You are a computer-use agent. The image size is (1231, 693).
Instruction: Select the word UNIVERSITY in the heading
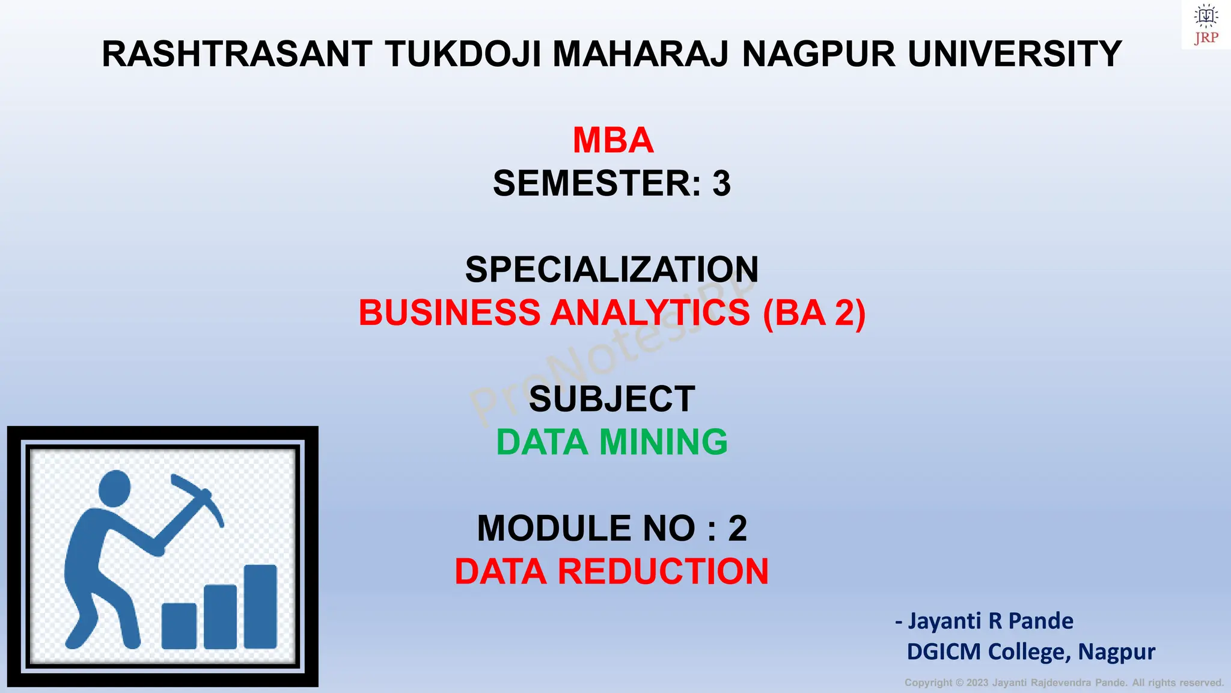(x=1015, y=54)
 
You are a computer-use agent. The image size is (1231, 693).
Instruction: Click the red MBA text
(x=612, y=141)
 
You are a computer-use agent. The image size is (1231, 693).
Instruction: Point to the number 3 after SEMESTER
(x=721, y=183)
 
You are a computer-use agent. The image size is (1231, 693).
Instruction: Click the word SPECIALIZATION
(x=612, y=269)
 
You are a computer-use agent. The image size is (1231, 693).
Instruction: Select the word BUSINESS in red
(x=450, y=313)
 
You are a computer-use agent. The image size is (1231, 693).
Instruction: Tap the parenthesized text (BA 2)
(x=814, y=313)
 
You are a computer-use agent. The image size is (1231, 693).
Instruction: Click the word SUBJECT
(x=612, y=399)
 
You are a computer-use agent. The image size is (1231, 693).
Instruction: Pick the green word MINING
(x=664, y=442)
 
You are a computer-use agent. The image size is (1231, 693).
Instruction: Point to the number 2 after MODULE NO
(x=738, y=529)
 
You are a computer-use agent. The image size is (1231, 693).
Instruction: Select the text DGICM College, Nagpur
(x=1031, y=651)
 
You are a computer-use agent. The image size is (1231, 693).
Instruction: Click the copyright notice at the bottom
(x=1064, y=683)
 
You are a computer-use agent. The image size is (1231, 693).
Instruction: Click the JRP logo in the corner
(x=1206, y=24)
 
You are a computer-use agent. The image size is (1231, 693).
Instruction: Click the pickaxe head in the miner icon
(x=198, y=493)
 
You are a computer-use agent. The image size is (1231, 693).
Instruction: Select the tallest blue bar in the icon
(x=260, y=606)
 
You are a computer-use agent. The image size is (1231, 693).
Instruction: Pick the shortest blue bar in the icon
(x=179, y=626)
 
